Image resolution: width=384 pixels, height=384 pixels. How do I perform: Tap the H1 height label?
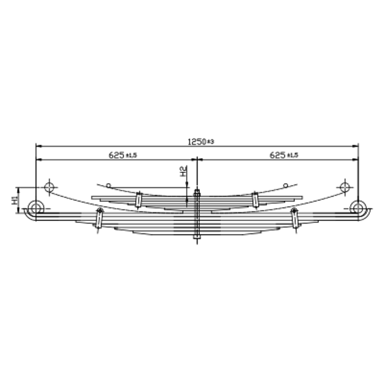pos(15,200)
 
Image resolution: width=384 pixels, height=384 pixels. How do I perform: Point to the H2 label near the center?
pos(184,171)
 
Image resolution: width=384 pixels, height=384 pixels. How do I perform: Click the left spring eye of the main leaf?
pos(36,208)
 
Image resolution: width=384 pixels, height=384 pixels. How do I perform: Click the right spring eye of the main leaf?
pos(358,208)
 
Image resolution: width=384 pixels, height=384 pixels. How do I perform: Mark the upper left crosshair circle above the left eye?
pos(49,187)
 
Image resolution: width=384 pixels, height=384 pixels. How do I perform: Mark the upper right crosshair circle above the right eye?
pos(346,187)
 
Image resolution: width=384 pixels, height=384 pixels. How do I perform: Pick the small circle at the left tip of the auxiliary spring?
pos(109,186)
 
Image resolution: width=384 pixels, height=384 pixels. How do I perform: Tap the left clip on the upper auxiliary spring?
pos(138,200)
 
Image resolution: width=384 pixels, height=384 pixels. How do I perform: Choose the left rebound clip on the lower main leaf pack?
pos(99,218)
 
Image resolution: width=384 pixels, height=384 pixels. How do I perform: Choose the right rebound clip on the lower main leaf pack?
pos(294,218)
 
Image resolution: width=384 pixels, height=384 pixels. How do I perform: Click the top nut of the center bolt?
pos(196,192)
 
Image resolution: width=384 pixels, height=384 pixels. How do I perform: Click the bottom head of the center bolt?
pos(196,241)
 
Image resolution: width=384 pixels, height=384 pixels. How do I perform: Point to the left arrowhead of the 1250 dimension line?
pos(38,145)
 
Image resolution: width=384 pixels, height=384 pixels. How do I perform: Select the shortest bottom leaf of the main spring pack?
pos(196,235)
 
